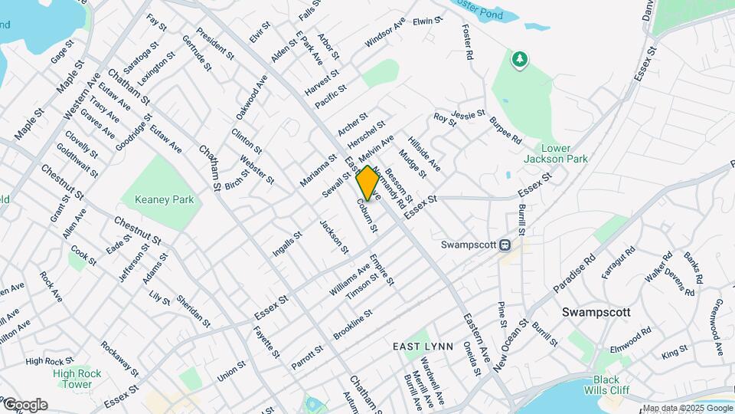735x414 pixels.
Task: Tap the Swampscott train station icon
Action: tap(505, 245)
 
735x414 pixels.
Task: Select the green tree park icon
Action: tap(521, 60)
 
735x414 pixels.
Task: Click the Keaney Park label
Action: tap(165, 200)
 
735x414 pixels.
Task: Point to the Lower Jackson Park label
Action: tap(556, 153)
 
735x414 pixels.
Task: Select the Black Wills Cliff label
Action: tap(606, 385)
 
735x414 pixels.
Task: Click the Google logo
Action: tap(24, 404)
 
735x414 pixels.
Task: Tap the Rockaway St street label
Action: tap(119, 360)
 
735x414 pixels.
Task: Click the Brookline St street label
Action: tap(352, 325)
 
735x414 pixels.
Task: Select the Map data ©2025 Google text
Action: tap(687, 409)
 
